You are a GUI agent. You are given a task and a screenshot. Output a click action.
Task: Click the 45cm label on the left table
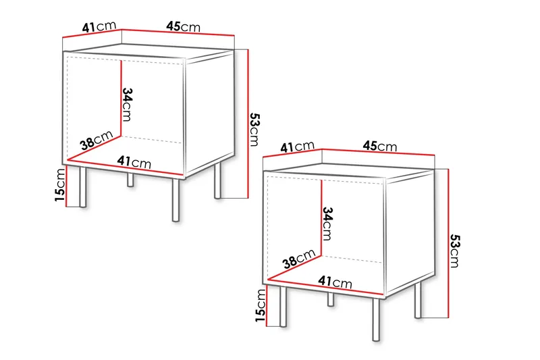(x=183, y=27)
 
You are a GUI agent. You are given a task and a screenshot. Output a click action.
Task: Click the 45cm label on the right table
(x=379, y=146)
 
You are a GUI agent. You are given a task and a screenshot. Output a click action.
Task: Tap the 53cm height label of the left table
(x=254, y=128)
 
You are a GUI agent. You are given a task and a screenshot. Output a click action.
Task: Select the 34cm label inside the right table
(x=327, y=223)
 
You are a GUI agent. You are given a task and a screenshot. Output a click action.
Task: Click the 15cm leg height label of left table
(x=61, y=185)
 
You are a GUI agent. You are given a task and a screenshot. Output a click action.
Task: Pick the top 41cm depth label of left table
(x=98, y=27)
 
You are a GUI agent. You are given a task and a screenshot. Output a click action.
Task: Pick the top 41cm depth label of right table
(x=298, y=146)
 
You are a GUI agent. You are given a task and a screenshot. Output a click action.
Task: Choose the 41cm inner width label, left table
(x=134, y=162)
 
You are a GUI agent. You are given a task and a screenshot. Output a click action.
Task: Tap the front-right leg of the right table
(x=376, y=318)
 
